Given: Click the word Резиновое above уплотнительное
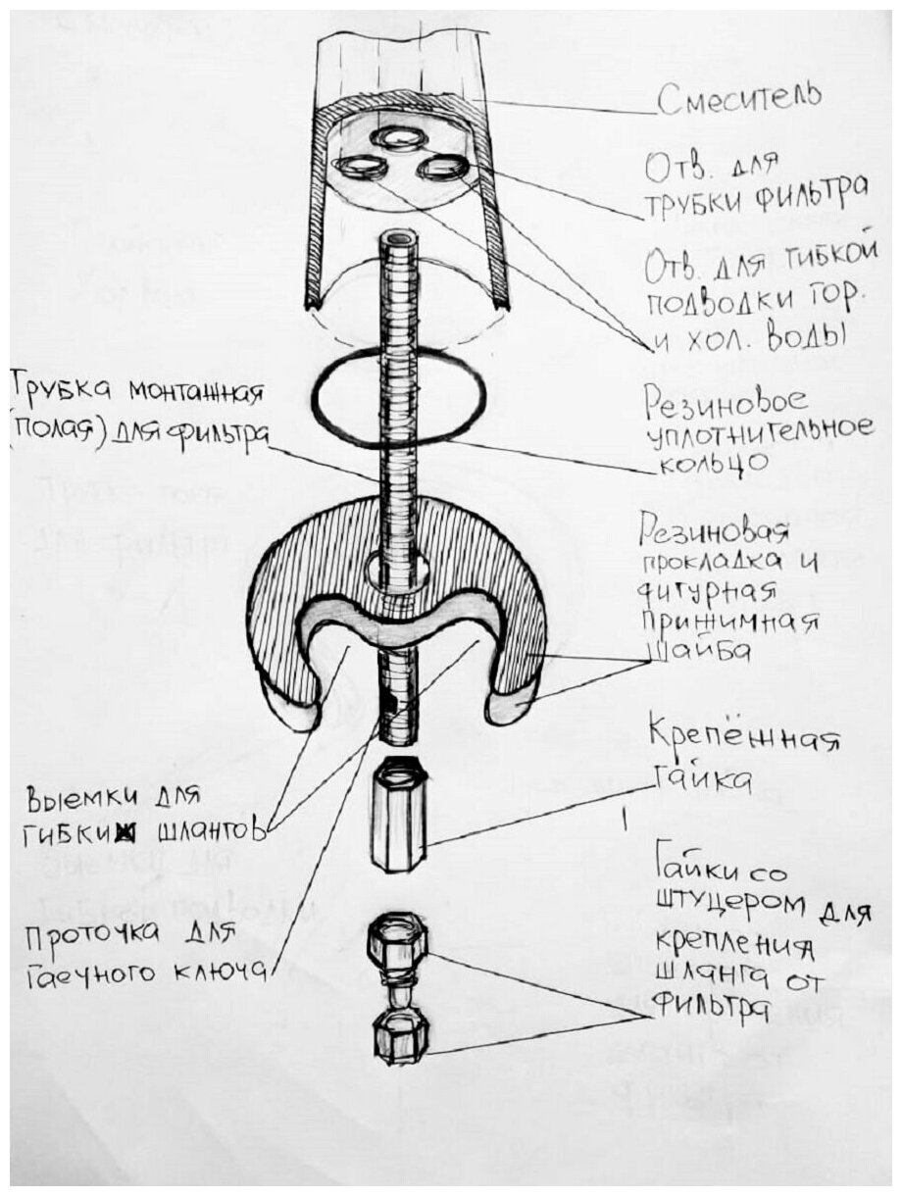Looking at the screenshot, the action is pos(726,400).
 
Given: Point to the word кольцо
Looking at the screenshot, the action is pos(695,460).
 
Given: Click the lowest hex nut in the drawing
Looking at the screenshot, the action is pos(396,1037).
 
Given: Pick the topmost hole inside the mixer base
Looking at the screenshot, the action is pos(398,138).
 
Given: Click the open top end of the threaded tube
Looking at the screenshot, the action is pos(397,237).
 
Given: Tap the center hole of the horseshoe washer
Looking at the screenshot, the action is pos(397,568).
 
